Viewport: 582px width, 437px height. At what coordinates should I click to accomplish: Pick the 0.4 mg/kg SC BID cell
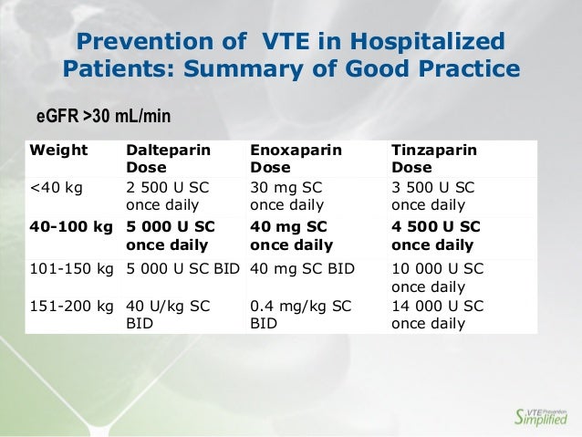click(x=300, y=315)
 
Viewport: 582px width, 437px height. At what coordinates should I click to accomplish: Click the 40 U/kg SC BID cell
click(x=167, y=315)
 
